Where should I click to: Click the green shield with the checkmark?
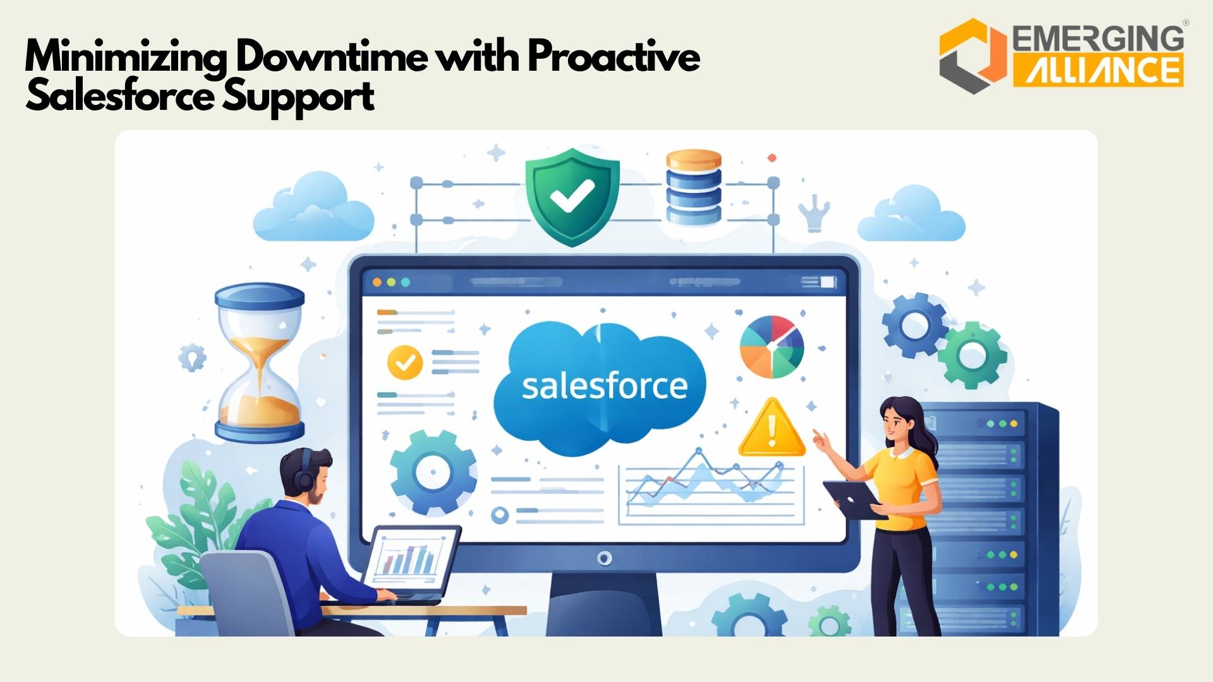572,195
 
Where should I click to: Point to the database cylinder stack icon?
693,187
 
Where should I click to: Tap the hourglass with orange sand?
260,362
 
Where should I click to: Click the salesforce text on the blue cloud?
604,386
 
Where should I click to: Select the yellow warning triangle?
771,429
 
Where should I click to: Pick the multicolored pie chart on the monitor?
771,347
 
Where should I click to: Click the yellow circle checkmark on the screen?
404,362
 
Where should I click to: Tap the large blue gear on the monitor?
433,472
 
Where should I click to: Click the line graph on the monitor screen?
710,486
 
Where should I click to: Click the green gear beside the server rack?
972,356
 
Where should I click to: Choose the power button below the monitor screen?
605,558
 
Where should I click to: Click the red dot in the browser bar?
377,282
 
